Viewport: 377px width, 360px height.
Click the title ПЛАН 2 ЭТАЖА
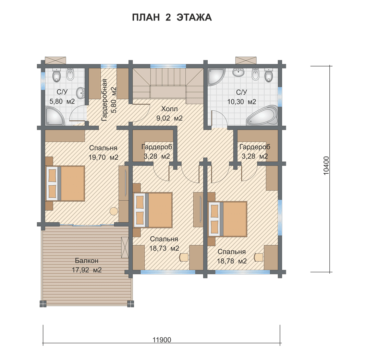click(172, 17)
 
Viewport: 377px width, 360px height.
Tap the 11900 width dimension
click(162, 340)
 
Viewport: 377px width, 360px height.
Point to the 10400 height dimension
click(326, 165)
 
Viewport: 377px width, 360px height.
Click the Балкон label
click(87, 261)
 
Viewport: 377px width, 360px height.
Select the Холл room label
click(170, 109)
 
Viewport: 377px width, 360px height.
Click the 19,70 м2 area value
click(104, 157)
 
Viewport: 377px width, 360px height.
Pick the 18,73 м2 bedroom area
click(164, 248)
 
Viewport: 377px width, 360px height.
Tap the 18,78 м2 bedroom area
click(232, 261)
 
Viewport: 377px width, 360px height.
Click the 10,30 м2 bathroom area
click(242, 102)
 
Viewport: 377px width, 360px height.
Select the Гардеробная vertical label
click(104, 100)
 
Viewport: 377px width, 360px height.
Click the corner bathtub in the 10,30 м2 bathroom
click(262, 115)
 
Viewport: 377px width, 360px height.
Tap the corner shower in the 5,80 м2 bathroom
click(54, 116)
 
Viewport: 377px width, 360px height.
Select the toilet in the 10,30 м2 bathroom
click(268, 75)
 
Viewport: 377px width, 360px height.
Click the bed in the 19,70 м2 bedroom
click(65, 183)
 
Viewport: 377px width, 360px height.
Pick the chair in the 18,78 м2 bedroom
click(259, 257)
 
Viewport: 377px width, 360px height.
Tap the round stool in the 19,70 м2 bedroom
click(113, 211)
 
